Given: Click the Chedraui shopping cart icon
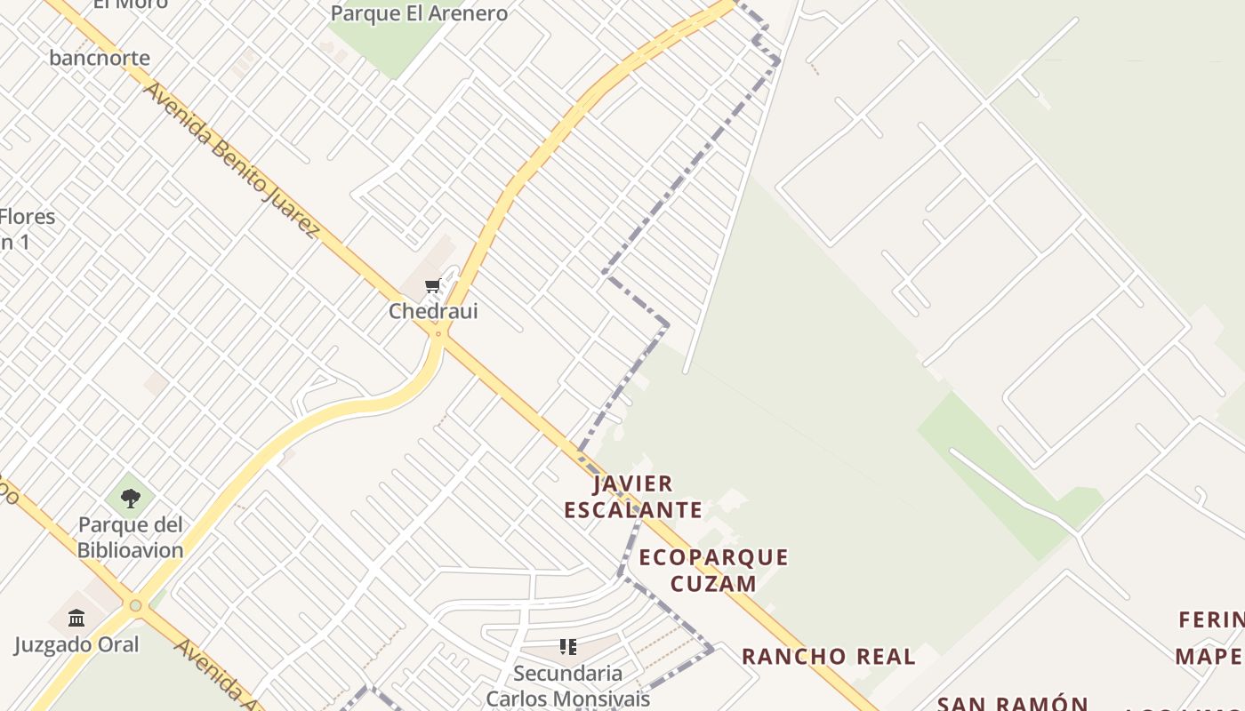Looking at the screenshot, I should point(433,285).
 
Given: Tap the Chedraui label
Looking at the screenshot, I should point(433,311).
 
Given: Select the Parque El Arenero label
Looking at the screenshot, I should point(419,13).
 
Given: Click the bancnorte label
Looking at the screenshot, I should point(100,58).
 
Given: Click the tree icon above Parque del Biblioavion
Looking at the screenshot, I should point(131,498).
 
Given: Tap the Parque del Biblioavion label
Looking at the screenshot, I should point(130,537).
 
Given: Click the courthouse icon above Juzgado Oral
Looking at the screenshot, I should point(76,618).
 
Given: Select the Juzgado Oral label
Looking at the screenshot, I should point(76,644).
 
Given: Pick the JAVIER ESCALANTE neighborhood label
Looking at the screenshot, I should point(633,497).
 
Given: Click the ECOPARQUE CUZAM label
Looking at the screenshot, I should point(713,570).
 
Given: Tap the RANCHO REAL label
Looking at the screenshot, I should point(828,657).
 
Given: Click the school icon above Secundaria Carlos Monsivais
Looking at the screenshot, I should point(568,646).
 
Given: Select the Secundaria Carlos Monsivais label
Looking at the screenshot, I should point(568,685).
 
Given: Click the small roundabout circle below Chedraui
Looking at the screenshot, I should point(438,334).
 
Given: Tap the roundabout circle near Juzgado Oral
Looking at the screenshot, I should point(135,606).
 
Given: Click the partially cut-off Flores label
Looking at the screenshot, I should point(27,217).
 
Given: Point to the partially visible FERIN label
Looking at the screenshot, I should point(1211,619).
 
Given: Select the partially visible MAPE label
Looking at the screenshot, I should point(1209,657).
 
